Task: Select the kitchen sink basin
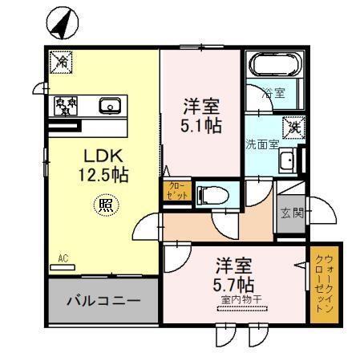click(x=110, y=105)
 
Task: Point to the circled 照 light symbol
click(x=104, y=205)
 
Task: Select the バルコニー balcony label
click(x=103, y=302)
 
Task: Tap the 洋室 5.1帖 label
click(x=201, y=116)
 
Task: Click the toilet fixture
click(x=211, y=194)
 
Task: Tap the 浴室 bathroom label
click(x=275, y=93)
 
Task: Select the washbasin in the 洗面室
click(x=289, y=161)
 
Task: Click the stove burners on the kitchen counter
click(x=66, y=105)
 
